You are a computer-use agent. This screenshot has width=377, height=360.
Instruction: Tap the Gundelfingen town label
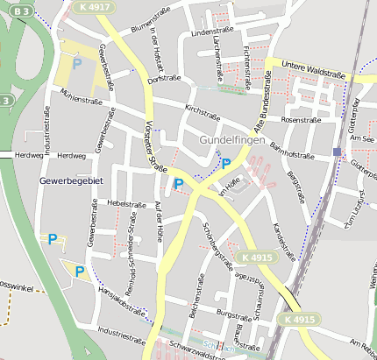(231, 140)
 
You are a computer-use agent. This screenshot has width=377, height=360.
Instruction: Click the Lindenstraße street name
(208, 32)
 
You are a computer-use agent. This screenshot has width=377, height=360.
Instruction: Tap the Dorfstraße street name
(164, 78)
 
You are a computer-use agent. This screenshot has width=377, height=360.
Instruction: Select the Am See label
(361, 138)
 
